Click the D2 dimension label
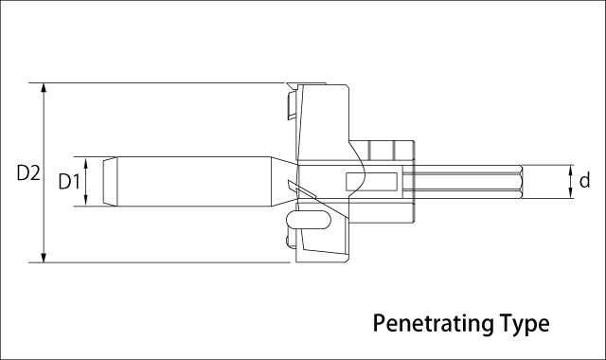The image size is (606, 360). pos(28,172)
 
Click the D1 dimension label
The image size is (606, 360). pos(69,181)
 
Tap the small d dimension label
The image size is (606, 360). pos(584,180)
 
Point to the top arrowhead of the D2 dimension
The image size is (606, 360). pos(44,88)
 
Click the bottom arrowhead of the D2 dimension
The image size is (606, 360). pos(44,258)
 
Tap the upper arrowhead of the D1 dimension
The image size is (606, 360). pos(86,162)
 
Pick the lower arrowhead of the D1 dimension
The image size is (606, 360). pos(86,201)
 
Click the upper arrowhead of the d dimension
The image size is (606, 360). pos(570,170)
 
